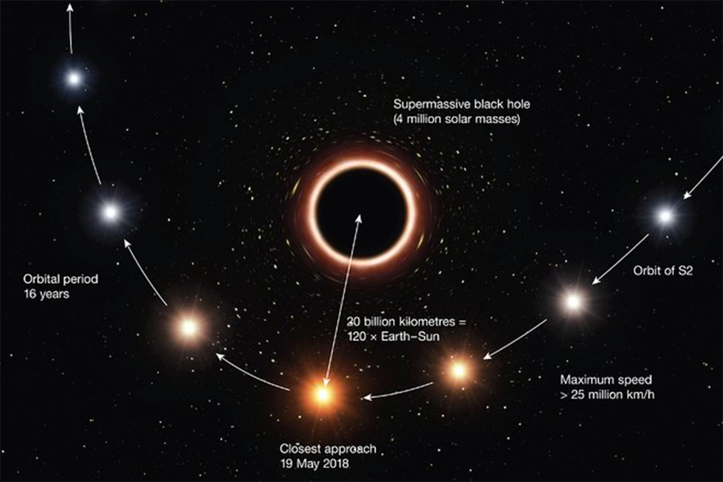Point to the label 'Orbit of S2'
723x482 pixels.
point(663,271)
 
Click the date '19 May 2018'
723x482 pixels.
point(314,464)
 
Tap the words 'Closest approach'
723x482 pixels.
point(328,449)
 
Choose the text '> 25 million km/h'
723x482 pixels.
point(607,395)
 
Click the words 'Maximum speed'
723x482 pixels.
point(606,380)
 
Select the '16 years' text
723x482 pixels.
point(47,294)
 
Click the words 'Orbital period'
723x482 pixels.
point(61,279)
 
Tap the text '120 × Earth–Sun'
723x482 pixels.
point(394,336)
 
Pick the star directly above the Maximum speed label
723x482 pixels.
point(459,371)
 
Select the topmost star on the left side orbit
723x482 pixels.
point(74,79)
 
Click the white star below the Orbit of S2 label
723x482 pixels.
point(573,301)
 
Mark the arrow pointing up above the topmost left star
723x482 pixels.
point(70,28)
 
